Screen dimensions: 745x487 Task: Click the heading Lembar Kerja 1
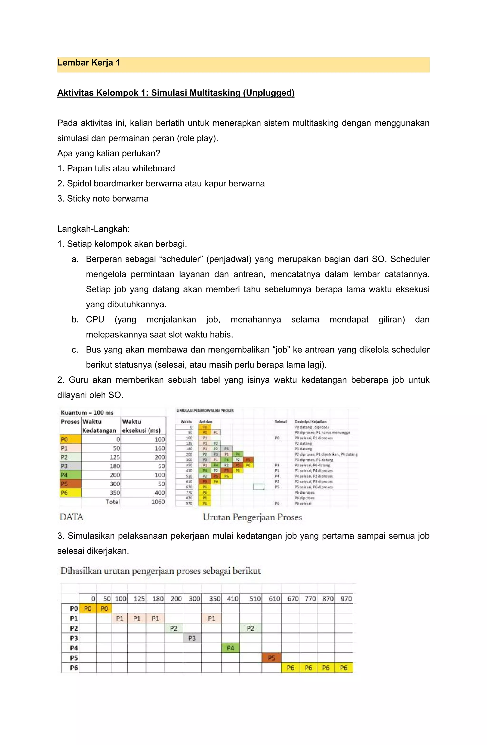click(88, 63)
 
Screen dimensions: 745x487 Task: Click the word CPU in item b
click(95, 320)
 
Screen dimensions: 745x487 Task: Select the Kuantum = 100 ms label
click(87, 412)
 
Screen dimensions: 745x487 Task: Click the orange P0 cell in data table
click(70, 439)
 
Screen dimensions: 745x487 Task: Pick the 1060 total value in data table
click(158, 502)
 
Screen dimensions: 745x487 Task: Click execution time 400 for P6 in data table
click(160, 493)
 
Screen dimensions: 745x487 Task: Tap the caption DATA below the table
click(71, 517)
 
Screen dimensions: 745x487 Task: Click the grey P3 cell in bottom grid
click(192, 638)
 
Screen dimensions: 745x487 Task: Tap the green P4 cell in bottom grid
click(230, 648)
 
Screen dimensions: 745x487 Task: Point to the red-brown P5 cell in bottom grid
click(272, 658)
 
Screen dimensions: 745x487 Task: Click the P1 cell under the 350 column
click(211, 618)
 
